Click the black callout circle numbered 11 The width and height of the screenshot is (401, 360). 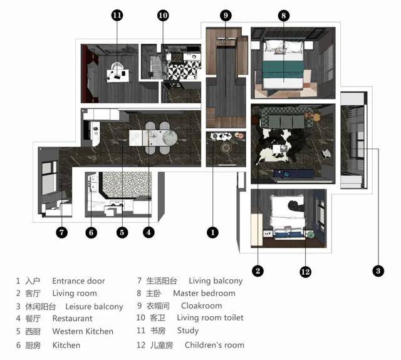click(117, 15)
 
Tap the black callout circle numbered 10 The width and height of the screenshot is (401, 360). click(163, 15)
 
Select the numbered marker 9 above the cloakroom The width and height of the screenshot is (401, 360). click(226, 15)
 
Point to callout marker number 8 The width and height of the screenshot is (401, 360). click(284, 16)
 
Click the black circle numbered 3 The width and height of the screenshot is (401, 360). click(378, 271)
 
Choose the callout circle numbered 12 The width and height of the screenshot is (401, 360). click(306, 271)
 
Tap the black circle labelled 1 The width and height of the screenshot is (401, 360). click(212, 232)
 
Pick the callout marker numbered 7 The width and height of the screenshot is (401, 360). click(61, 232)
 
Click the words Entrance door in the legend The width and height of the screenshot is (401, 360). click(78, 281)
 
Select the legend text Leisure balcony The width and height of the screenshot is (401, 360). click(94, 306)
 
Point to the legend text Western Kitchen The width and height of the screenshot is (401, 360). click(83, 331)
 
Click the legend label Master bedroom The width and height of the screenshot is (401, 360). click(204, 293)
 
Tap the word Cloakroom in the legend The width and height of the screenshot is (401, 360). click(202, 306)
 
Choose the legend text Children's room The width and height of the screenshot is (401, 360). click(214, 345)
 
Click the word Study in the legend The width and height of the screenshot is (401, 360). click(188, 331)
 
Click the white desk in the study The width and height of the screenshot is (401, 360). click(118, 76)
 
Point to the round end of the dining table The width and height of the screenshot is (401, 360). click(170, 138)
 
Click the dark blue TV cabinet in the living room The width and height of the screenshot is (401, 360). click(294, 173)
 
